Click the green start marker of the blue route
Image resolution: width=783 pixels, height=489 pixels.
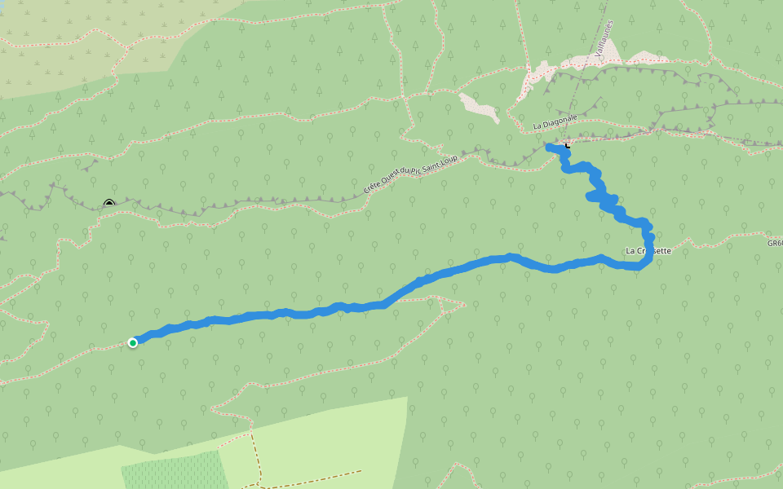pyautogui.click(x=132, y=342)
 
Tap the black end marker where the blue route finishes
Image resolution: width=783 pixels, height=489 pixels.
pyautogui.click(x=567, y=144)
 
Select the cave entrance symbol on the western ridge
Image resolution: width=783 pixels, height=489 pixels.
pyautogui.click(x=109, y=204)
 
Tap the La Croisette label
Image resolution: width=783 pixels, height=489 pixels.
pyautogui.click(x=648, y=250)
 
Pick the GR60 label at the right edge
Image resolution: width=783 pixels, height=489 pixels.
pyautogui.click(x=774, y=242)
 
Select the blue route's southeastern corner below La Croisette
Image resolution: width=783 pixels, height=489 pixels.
pyautogui.click(x=644, y=265)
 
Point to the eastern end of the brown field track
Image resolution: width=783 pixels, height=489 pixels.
pyautogui.click(x=360, y=470)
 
